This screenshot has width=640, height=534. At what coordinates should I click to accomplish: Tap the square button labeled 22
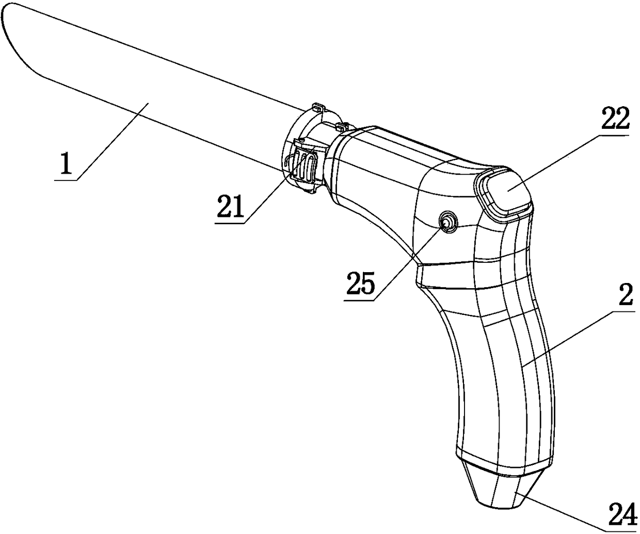pyautogui.click(x=505, y=194)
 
